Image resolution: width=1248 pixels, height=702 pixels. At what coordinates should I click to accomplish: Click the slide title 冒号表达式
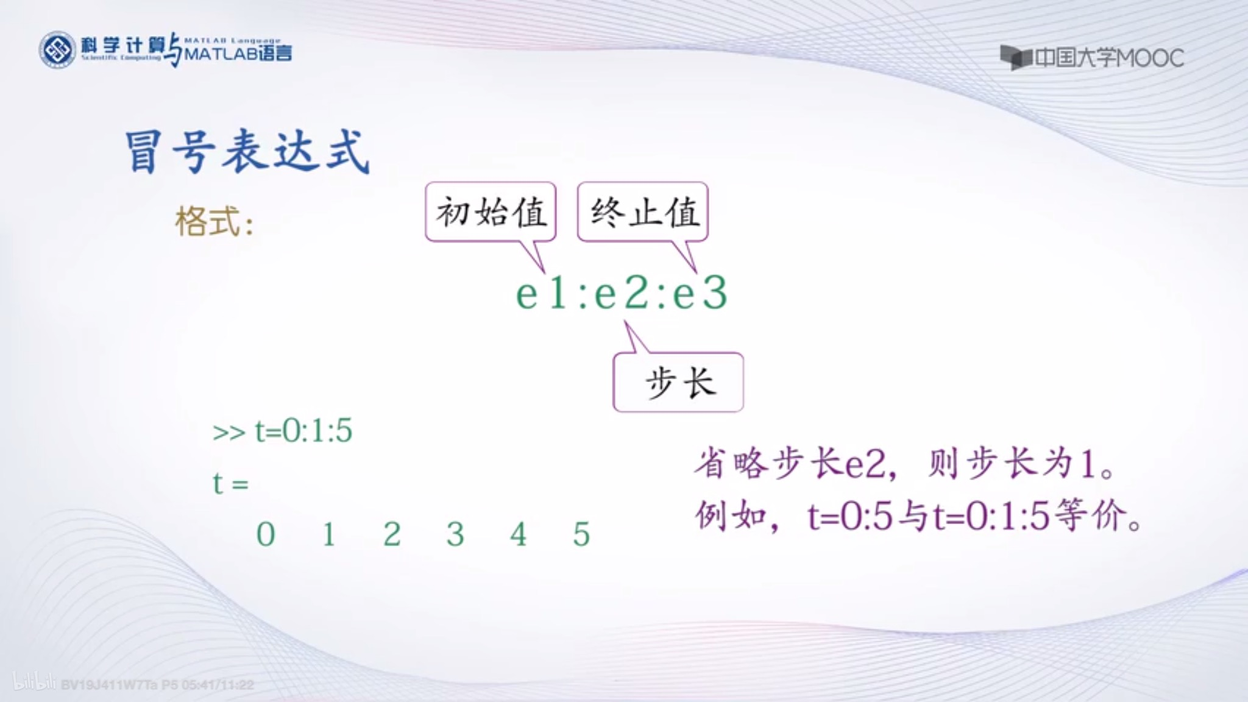point(247,151)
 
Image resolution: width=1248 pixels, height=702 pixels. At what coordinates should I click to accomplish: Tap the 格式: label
point(214,221)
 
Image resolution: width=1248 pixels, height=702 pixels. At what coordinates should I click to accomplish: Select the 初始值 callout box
point(491,212)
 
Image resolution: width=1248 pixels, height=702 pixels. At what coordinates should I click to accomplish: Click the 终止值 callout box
point(643,212)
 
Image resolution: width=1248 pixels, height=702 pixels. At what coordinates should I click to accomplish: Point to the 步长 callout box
point(678,383)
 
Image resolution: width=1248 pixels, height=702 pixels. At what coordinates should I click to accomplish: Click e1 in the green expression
point(542,294)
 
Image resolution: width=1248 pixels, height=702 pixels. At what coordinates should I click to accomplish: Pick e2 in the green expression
point(620,294)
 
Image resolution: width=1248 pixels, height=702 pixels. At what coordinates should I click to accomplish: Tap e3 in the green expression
point(700,294)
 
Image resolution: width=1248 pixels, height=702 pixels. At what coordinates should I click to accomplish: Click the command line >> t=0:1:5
point(282,431)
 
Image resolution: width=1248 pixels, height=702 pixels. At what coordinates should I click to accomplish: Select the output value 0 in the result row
point(266,534)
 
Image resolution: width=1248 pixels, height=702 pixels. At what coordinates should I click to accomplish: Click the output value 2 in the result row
point(392,534)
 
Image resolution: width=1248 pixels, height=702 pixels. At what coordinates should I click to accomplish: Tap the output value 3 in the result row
point(455,534)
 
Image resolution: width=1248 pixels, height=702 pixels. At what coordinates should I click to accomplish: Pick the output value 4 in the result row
point(519,534)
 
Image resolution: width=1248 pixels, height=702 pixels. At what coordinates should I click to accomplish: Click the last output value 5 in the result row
point(581,534)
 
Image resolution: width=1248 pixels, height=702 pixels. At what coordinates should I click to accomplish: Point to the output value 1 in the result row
point(329,534)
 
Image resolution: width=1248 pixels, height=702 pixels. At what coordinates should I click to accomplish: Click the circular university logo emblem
point(57,50)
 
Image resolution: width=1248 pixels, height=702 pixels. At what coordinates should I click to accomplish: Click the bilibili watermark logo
point(34,682)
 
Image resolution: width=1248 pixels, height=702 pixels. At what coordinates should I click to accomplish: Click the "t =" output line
point(230,484)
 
